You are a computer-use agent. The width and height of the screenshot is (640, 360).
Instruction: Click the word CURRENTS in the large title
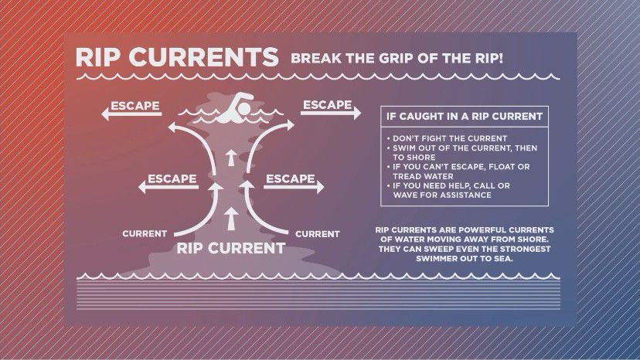tap(203, 56)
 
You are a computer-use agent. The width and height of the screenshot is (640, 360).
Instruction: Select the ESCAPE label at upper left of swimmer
tap(135, 106)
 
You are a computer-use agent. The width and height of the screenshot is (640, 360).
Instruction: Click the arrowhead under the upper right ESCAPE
tap(357, 113)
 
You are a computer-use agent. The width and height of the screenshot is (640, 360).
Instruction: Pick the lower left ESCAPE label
tap(172, 178)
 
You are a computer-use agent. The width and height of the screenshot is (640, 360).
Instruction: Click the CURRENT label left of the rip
tap(145, 234)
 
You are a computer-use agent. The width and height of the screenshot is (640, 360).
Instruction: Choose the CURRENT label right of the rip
tap(318, 234)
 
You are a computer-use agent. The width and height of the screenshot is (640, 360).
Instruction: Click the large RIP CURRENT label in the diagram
tap(230, 248)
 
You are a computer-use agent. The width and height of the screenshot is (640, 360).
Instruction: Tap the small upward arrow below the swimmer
tap(231, 158)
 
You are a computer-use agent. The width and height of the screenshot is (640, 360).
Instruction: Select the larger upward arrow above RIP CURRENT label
tap(231, 219)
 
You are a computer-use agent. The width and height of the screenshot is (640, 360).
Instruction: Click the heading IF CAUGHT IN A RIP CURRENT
tap(465, 117)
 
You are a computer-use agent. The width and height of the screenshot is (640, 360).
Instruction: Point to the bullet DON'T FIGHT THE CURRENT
tap(450, 138)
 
